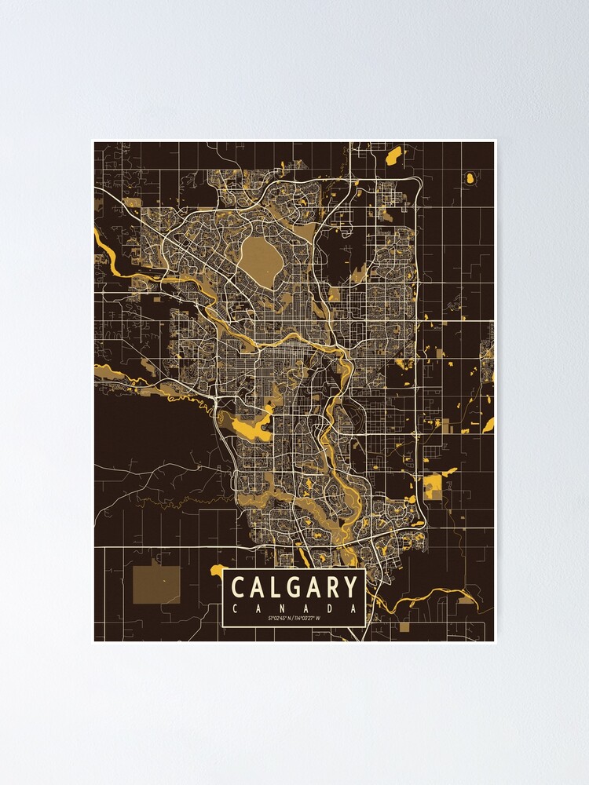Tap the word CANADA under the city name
click(x=294, y=608)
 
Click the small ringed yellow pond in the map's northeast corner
click(x=470, y=177)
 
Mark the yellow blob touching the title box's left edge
click(x=218, y=569)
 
